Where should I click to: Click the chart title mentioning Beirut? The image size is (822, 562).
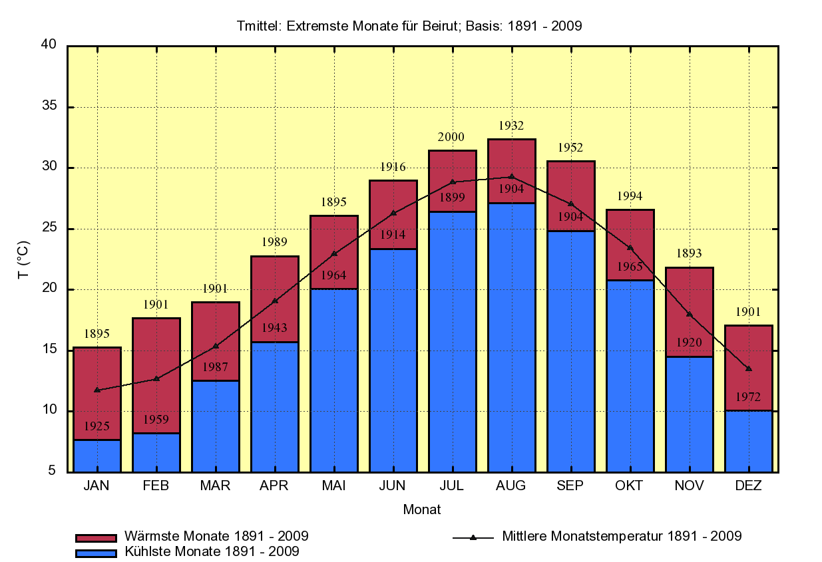point(409,27)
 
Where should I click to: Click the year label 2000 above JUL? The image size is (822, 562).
point(451,137)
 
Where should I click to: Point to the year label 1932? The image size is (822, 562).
point(511,126)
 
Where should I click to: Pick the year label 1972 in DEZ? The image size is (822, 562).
point(748,398)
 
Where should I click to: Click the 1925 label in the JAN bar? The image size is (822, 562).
point(97,427)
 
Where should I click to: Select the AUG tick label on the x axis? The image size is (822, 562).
point(511,486)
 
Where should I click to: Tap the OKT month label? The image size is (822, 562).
point(629,486)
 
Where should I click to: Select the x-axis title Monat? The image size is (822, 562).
point(422,510)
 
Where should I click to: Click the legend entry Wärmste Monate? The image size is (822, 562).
point(216,536)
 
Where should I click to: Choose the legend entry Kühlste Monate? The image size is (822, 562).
point(211,551)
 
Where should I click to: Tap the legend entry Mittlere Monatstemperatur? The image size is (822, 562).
point(622,536)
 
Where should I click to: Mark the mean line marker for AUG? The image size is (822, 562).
point(511,176)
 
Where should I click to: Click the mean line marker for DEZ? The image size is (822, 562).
point(749,368)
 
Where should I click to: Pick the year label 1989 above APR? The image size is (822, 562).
point(274,243)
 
